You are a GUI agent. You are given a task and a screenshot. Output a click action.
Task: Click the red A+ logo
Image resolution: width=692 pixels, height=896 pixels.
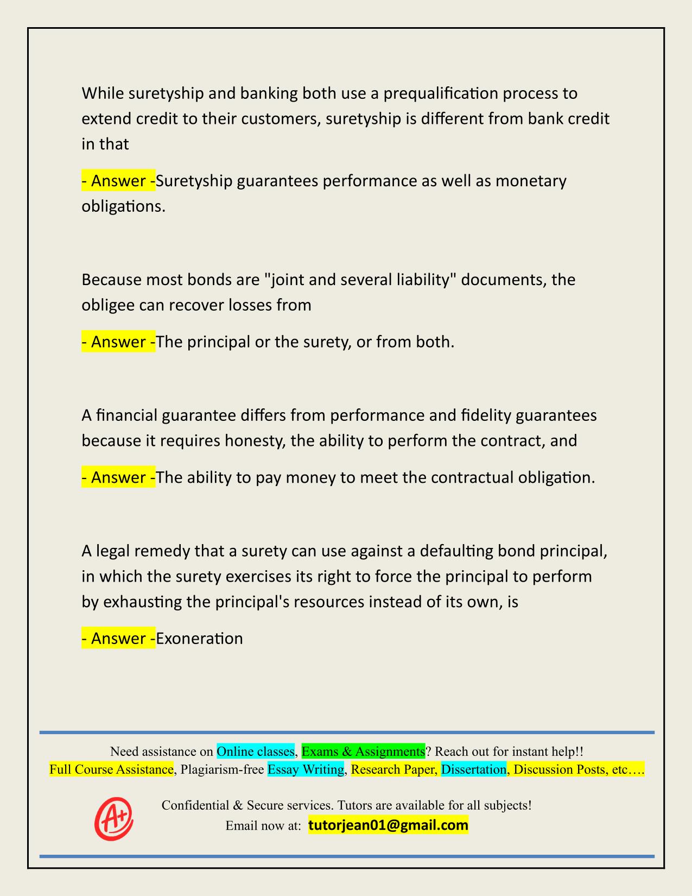(x=114, y=818)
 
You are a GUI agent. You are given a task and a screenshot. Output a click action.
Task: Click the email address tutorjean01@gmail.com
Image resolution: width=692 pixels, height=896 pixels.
(x=388, y=825)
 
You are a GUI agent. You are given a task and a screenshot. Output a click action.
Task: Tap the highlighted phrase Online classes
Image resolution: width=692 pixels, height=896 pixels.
(x=256, y=751)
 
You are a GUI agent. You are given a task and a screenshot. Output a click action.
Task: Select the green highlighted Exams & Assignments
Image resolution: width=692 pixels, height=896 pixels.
(x=363, y=751)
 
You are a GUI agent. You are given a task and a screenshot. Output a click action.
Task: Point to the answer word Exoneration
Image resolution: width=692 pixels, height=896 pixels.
(x=199, y=638)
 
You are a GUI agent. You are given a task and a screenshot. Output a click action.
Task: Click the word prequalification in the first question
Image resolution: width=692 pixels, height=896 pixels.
(x=441, y=93)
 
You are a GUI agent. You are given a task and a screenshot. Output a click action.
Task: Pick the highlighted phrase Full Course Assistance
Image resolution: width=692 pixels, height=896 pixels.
(x=111, y=769)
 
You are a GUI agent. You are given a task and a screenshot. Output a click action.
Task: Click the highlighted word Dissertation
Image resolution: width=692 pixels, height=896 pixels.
(x=473, y=769)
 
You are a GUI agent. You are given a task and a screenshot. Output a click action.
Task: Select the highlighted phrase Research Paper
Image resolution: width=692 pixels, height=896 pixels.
(x=393, y=769)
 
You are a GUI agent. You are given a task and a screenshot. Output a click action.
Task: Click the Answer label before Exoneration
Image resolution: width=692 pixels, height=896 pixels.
(x=118, y=638)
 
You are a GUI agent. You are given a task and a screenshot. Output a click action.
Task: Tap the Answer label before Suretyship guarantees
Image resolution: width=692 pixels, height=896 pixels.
(x=118, y=181)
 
